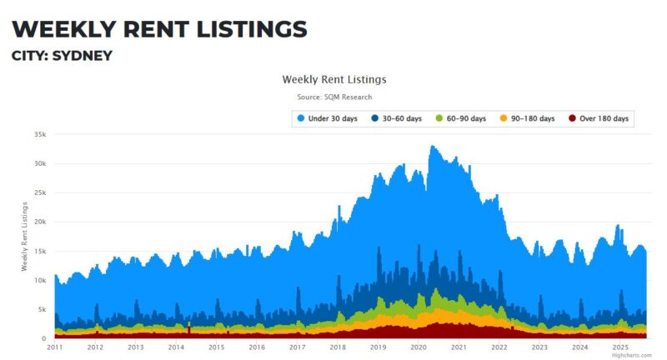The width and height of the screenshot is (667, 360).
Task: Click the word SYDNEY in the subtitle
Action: pyautogui.click(x=83, y=56)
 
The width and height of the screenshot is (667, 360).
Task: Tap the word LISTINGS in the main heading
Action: pyautogui.click(x=237, y=28)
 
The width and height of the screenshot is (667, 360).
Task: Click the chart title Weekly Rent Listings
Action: pyautogui.click(x=333, y=80)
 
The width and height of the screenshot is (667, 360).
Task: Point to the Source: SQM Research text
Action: pyautogui.click(x=333, y=97)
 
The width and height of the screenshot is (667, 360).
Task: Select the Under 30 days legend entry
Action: pyautogui.click(x=327, y=119)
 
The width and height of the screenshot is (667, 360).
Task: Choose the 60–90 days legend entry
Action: pyautogui.click(x=461, y=119)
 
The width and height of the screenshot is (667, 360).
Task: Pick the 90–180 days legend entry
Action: pyautogui.click(x=527, y=119)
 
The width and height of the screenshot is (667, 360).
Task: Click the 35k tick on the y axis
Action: pyautogui.click(x=39, y=134)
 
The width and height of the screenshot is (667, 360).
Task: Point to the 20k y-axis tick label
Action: pyautogui.click(x=39, y=222)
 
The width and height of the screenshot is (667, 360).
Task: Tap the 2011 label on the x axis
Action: pyautogui.click(x=55, y=347)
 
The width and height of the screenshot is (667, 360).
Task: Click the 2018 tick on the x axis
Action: pyautogui.click(x=338, y=347)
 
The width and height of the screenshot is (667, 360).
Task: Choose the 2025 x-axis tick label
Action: pyautogui.click(x=620, y=347)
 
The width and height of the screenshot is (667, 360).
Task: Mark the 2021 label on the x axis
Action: pyautogui.click(x=459, y=347)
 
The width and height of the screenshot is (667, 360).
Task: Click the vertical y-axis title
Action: pyautogui.click(x=24, y=236)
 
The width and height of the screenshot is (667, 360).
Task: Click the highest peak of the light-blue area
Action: pyautogui.click(x=431, y=147)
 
